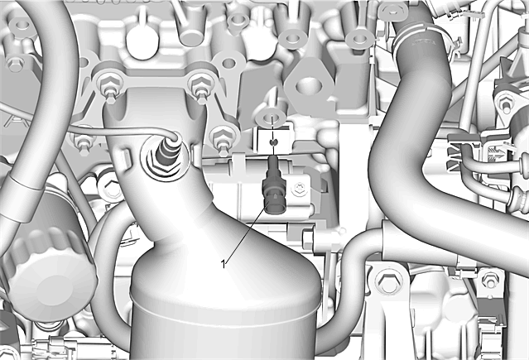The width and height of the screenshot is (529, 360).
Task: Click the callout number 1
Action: point(223,264)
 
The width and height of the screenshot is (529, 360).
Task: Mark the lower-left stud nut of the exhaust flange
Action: point(81,143)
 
